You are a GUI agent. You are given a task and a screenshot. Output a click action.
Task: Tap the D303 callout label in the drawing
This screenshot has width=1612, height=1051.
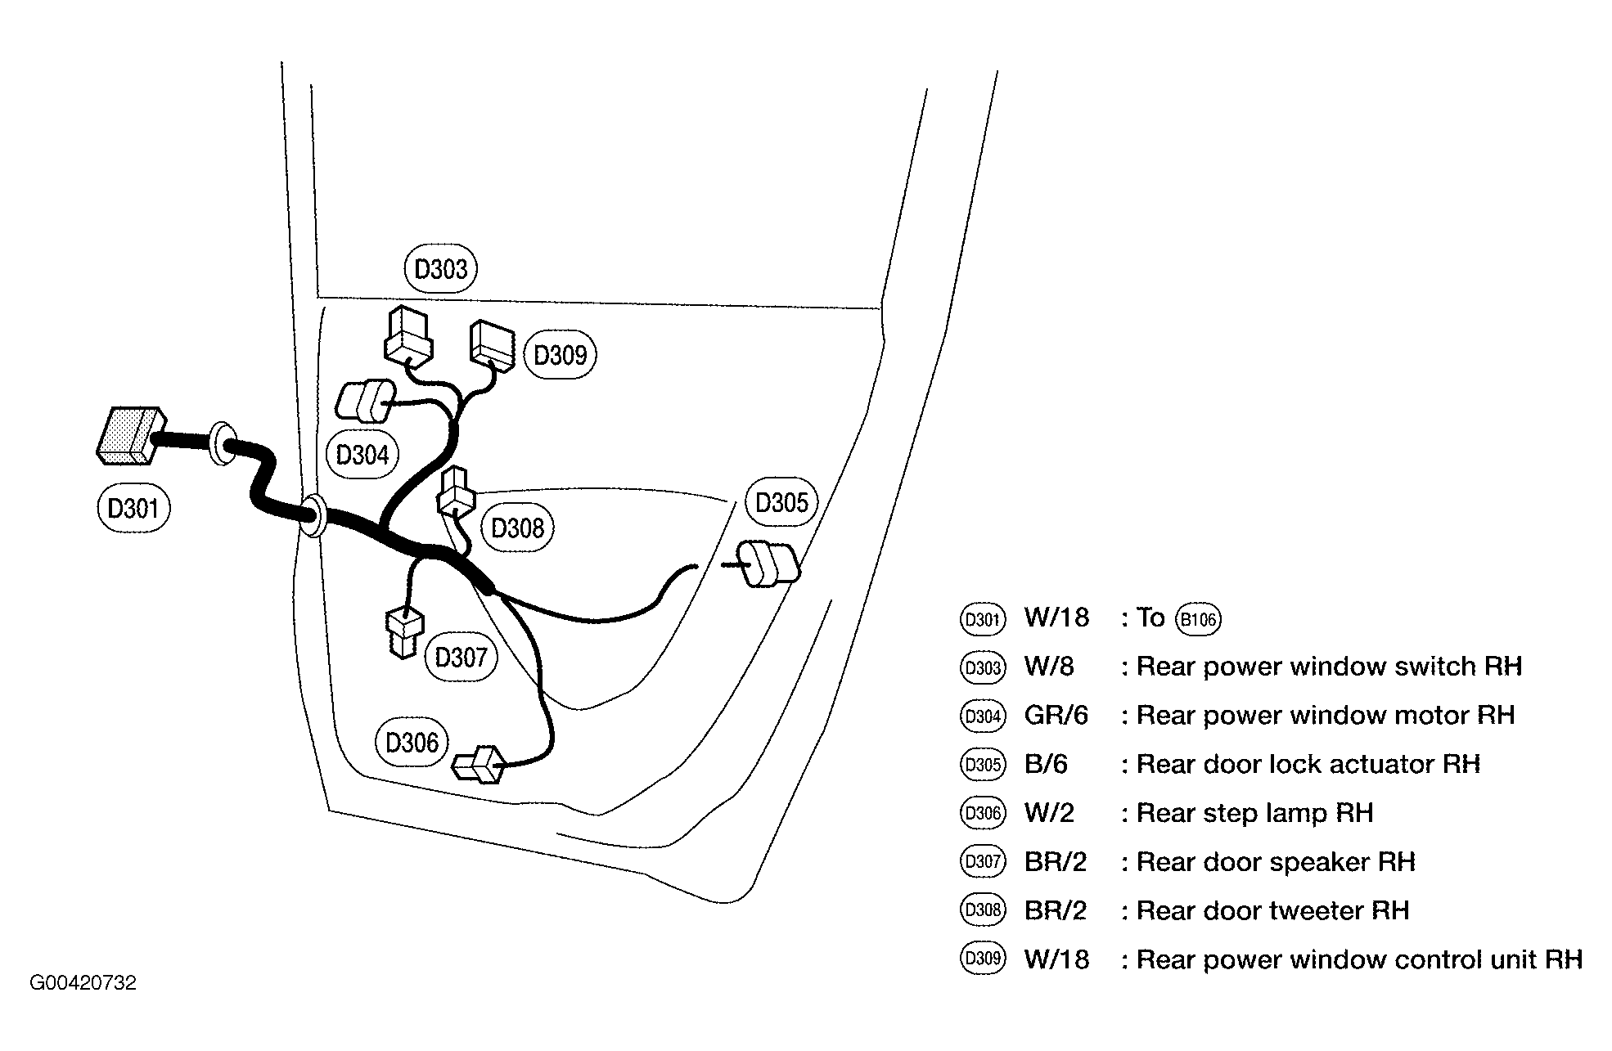pos(441,268)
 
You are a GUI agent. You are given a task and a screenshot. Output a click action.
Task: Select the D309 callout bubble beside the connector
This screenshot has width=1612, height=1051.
pos(561,355)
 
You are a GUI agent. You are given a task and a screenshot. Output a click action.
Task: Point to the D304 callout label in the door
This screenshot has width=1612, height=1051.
pos(362,454)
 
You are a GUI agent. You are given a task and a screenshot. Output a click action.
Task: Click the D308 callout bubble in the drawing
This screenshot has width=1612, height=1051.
pos(518,528)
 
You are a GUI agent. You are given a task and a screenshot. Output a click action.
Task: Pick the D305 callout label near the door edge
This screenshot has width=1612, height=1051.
pos(781,502)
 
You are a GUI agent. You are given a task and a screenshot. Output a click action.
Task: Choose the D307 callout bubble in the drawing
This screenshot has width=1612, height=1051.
pos(462,657)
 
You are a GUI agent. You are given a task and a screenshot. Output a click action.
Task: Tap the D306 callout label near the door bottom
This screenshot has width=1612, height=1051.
pos(412,743)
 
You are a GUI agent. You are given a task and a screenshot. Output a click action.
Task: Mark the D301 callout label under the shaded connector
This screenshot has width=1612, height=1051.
pos(133,509)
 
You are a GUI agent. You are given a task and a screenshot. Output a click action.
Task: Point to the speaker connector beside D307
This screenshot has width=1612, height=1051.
pos(404,631)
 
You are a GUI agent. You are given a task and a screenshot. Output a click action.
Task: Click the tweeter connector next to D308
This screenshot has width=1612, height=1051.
pos(455,490)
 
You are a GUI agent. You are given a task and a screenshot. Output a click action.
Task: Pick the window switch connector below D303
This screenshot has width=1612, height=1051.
pos(408,335)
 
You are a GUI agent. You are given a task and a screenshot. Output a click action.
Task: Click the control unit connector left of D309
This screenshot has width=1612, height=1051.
pos(492,345)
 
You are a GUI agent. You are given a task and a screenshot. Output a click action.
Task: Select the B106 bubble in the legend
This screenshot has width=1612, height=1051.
pos(1198,619)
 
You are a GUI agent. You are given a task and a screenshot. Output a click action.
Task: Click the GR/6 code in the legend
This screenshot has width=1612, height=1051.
pos(1056,716)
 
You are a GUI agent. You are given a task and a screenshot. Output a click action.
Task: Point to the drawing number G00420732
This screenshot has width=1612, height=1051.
pos(83,983)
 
